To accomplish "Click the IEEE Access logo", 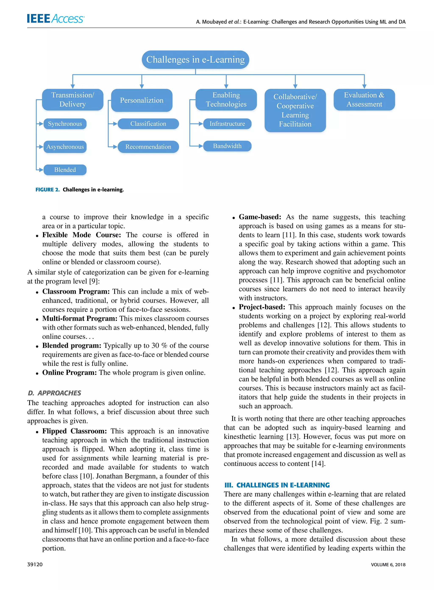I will (56, 19).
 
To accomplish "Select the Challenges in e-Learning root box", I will (195, 60).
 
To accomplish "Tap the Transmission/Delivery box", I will (72, 100).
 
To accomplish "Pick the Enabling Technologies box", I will (226, 100).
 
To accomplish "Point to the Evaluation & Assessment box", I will (364, 100).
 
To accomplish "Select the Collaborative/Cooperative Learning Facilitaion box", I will (295, 110).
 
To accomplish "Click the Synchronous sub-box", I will (65, 124).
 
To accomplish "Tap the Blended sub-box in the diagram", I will (65, 170).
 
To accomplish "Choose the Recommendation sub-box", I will (148, 147).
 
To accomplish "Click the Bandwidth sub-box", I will (227, 146).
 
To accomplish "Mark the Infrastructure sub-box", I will (227, 124).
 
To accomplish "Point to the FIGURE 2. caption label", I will (47, 190).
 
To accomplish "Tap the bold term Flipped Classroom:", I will (74, 431).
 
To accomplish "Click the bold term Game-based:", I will (260, 217).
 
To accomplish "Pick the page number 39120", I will (35, 565).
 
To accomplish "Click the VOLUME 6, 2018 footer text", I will (388, 565).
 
